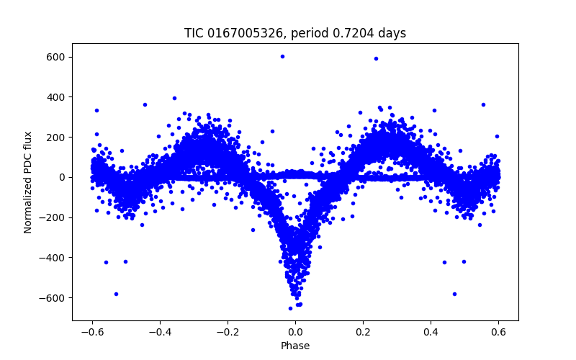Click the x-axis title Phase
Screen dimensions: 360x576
[x=295, y=346]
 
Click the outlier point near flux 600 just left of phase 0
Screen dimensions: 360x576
[x=282, y=56]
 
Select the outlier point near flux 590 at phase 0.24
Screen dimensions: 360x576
[x=376, y=58]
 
